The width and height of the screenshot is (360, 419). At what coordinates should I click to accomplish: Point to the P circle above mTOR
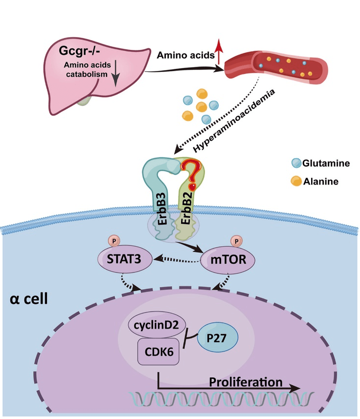click(x=237, y=241)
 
